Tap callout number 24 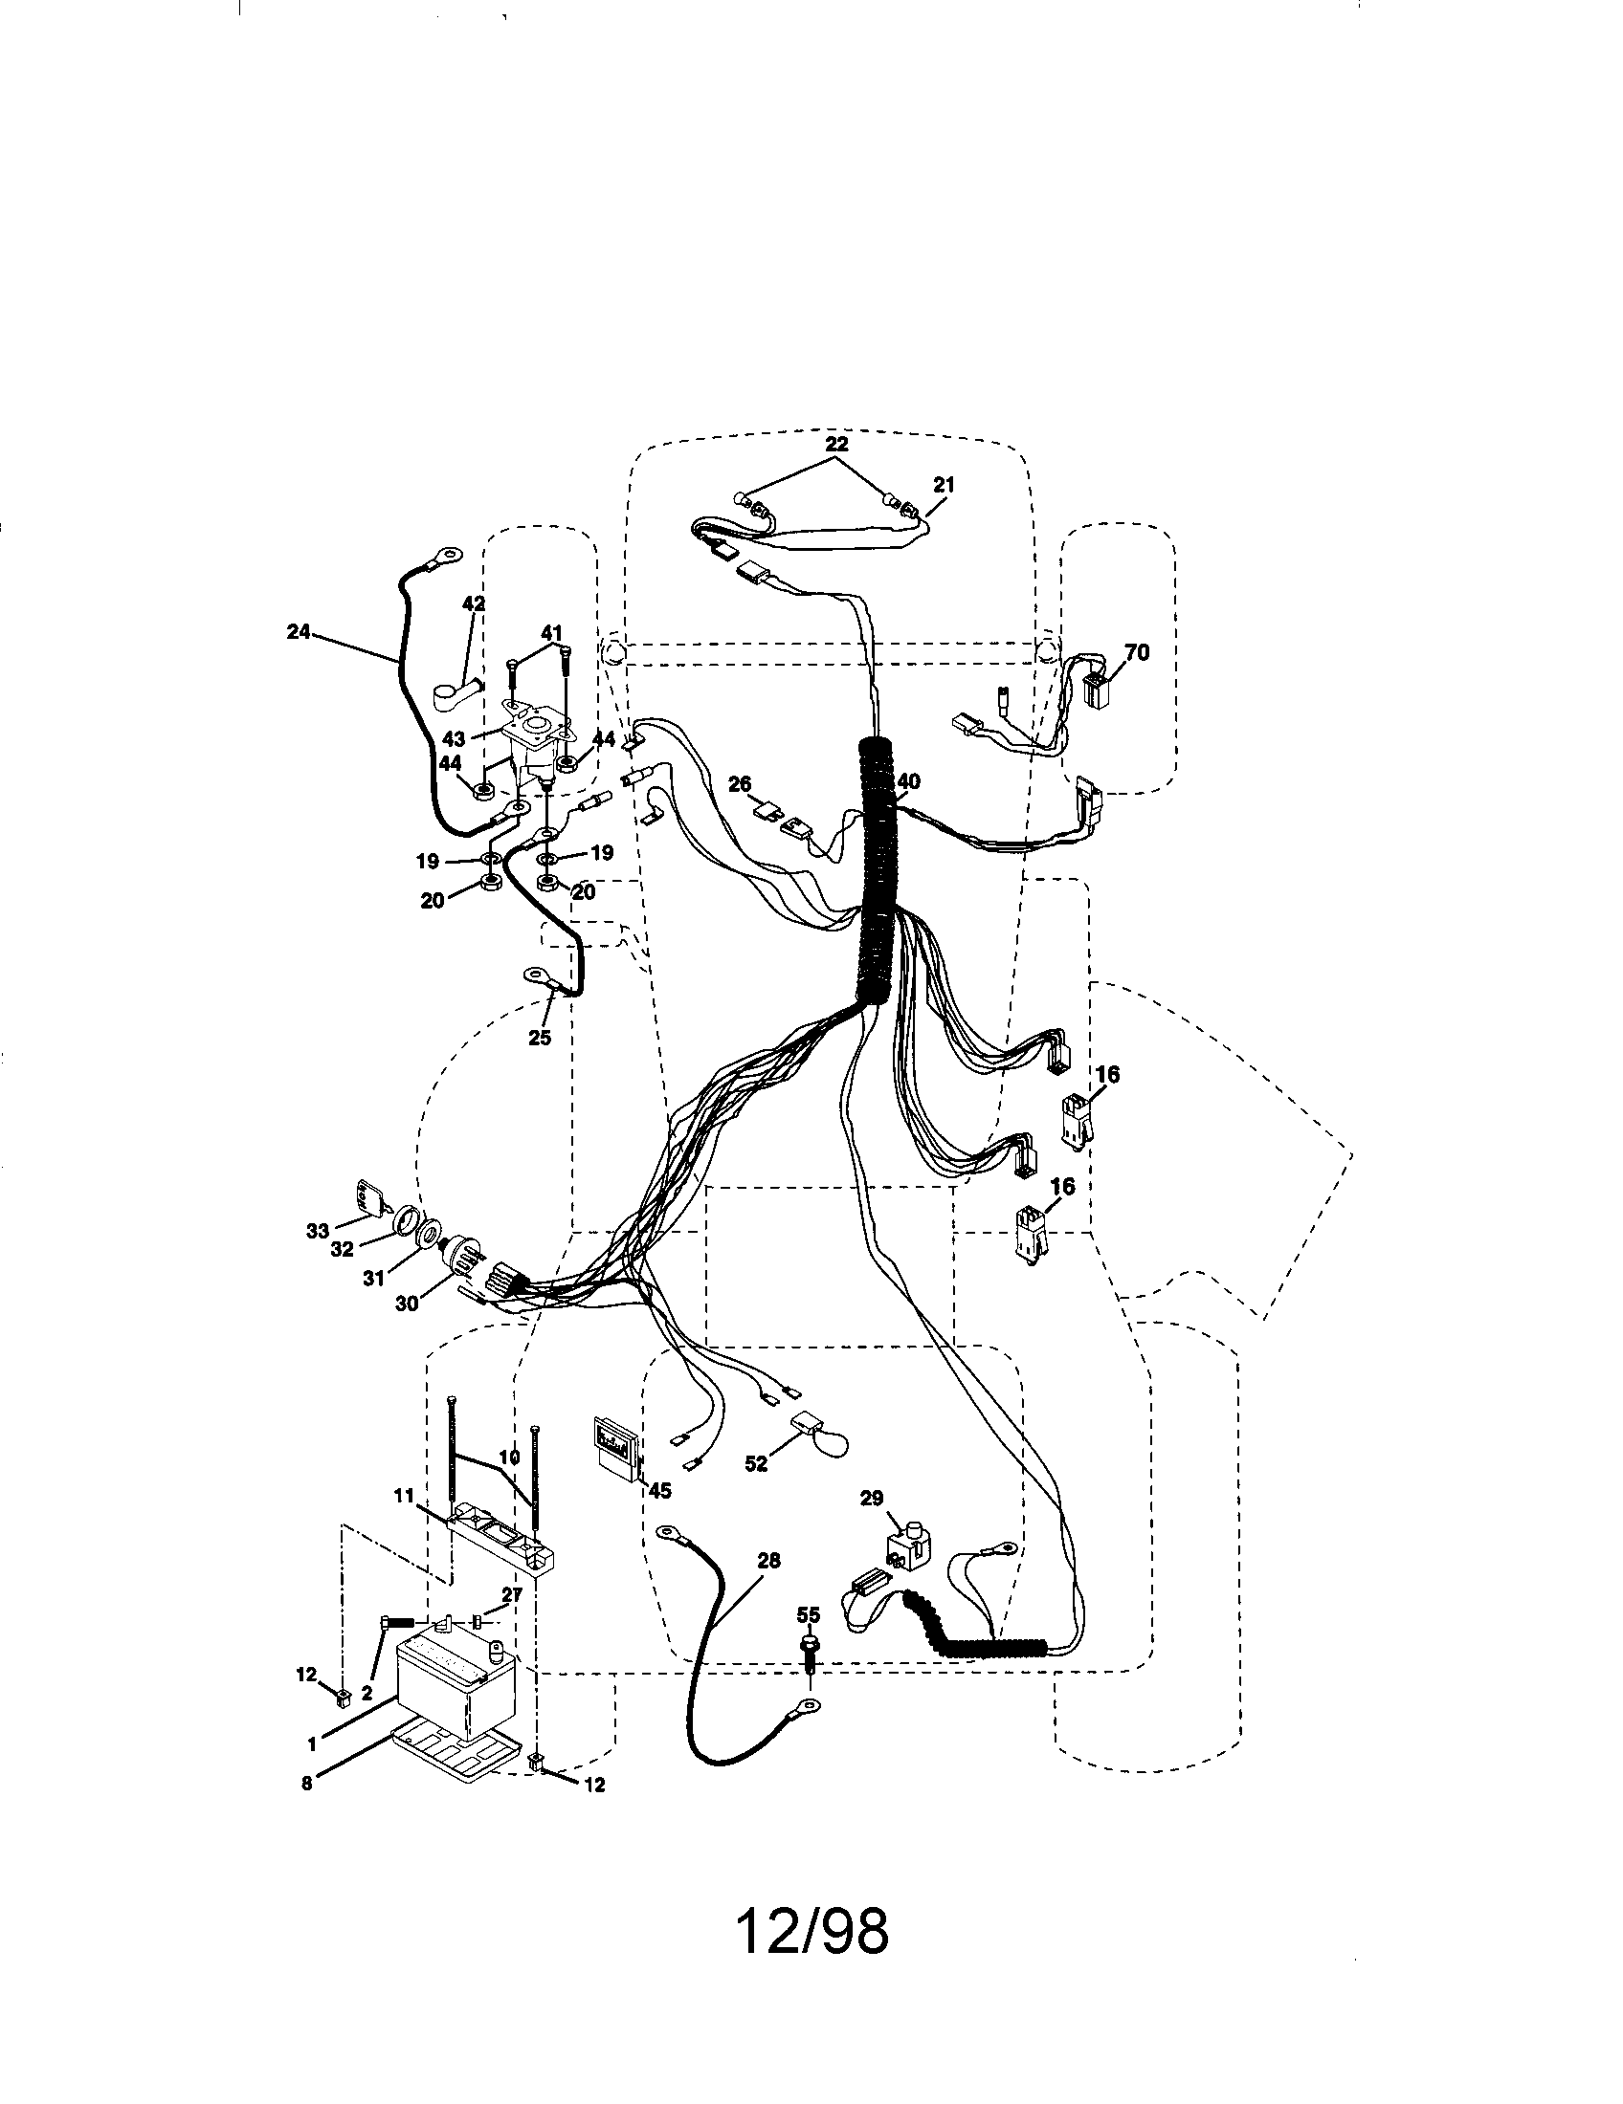click(299, 632)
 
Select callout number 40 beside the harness click(908, 781)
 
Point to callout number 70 click(1137, 652)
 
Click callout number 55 click(809, 1612)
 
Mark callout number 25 click(540, 1038)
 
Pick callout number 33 click(318, 1230)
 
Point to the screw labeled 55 click(809, 1650)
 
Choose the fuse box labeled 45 click(618, 1453)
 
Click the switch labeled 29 click(906, 1549)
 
